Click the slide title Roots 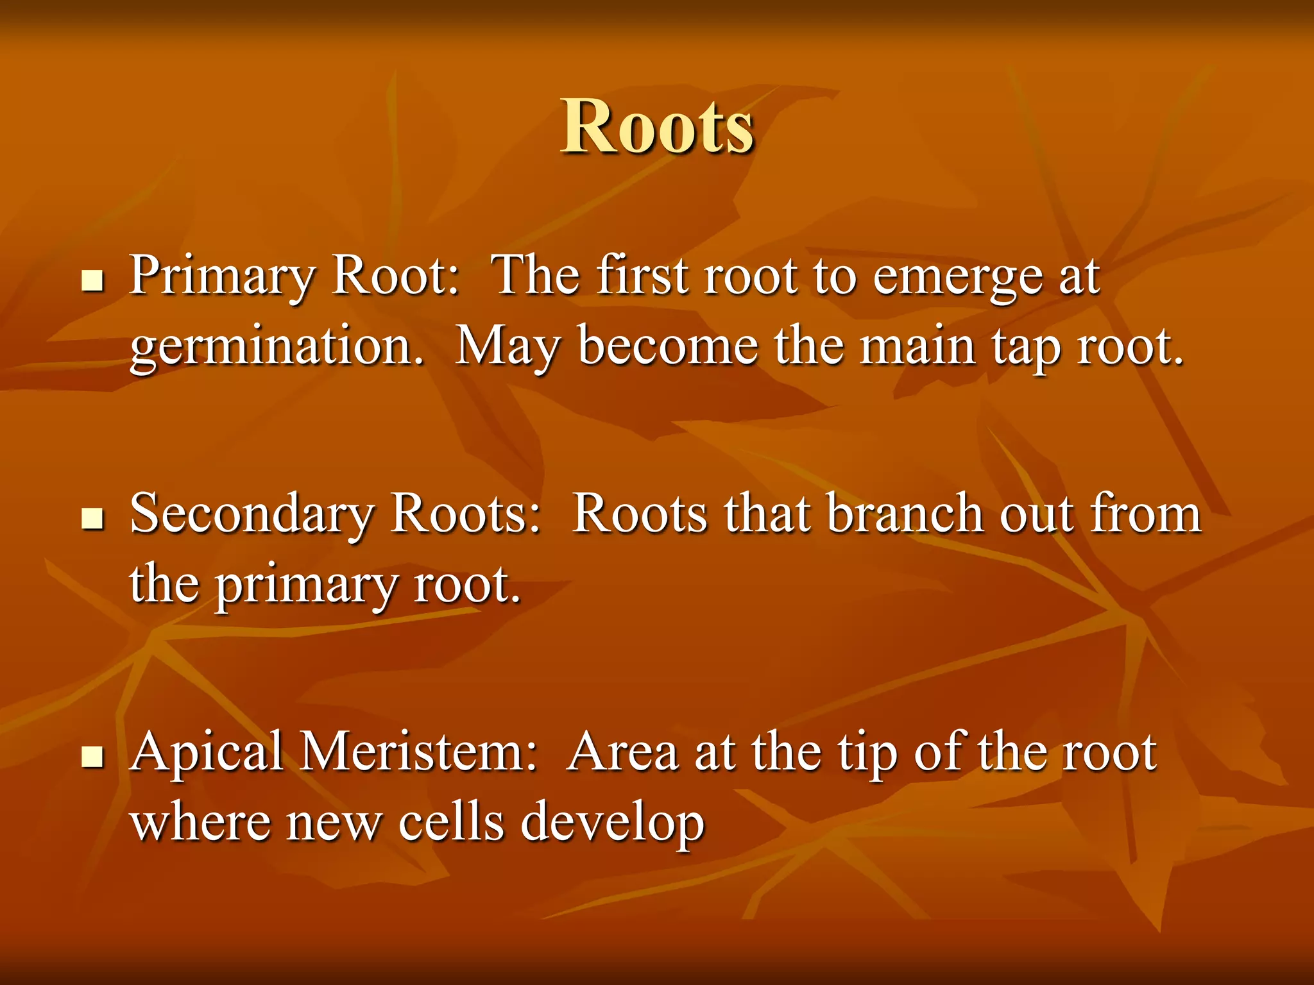[x=657, y=127]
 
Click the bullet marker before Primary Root [x=93, y=280]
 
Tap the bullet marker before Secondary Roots [x=93, y=519]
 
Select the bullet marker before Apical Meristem [x=93, y=756]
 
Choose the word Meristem [x=418, y=752]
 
